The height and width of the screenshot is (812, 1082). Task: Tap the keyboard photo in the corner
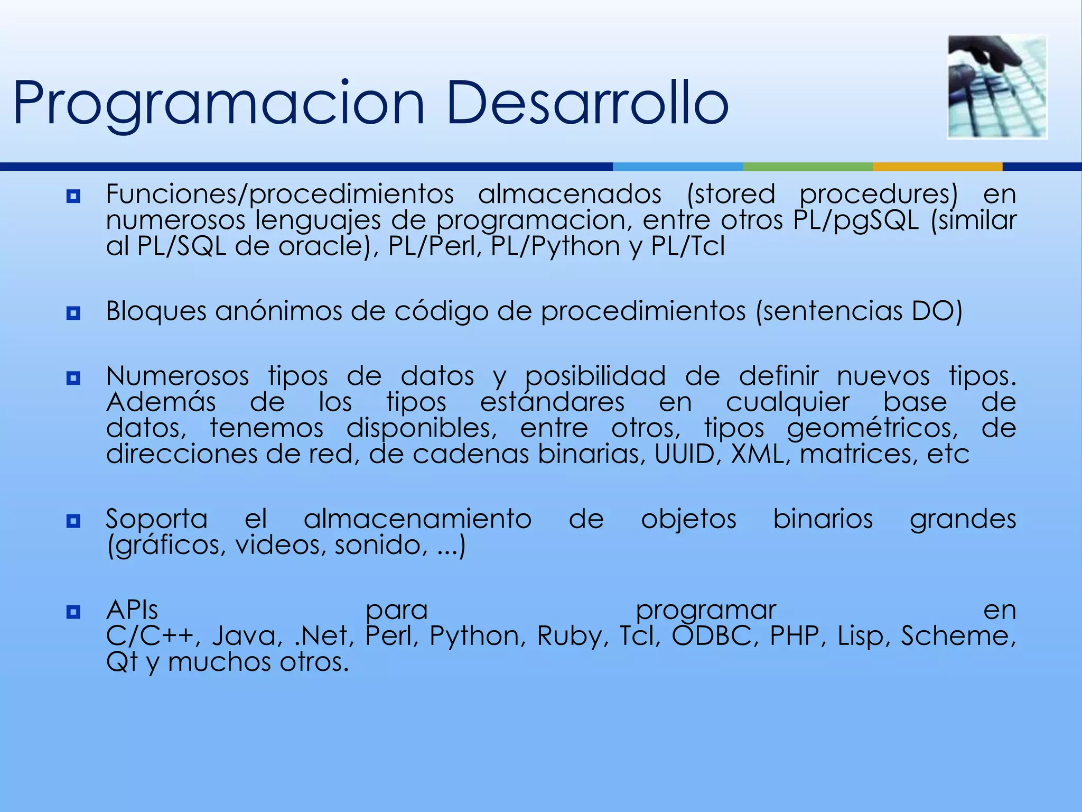coord(997,87)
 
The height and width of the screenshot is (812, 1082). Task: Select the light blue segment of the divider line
coord(677,167)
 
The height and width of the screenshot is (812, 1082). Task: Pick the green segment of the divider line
coord(807,167)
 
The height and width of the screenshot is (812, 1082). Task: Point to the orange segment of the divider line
coord(937,167)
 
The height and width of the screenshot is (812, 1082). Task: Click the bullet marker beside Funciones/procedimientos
coord(73,197)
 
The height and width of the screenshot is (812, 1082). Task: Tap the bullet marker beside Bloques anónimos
coord(73,313)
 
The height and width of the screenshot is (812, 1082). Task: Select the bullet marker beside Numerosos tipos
coord(73,378)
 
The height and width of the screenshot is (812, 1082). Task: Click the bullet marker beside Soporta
coord(73,521)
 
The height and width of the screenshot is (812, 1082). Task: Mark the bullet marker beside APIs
coord(73,612)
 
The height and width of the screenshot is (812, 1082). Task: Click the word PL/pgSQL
coord(856,220)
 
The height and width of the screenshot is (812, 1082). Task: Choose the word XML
coord(761,454)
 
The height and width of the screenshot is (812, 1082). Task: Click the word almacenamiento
coord(417,519)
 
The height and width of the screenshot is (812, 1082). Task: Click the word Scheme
coord(958,635)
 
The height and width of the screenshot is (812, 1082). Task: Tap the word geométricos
coord(872,428)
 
